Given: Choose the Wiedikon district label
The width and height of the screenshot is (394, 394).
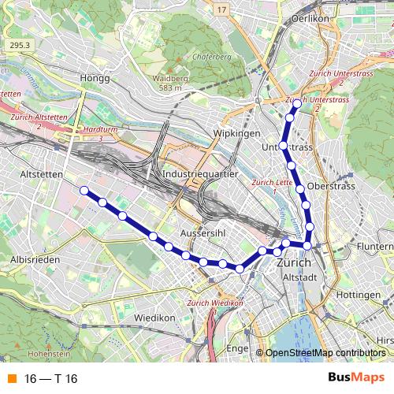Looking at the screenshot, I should tap(154, 318).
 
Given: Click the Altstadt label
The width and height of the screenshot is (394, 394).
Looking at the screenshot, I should tap(298, 277).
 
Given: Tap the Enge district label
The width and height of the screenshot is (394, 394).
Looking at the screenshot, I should tap(237, 347).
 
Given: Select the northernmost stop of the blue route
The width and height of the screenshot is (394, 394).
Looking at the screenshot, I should tap(296, 103).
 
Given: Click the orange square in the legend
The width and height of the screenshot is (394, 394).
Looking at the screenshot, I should tap(10, 379).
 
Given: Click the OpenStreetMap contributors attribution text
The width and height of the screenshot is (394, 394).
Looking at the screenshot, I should tap(325, 352).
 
